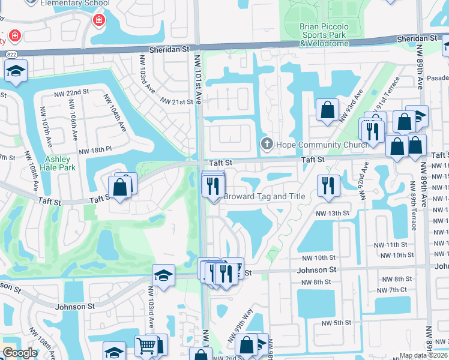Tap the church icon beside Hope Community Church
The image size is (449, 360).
point(267,144)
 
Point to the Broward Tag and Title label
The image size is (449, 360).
point(265,196)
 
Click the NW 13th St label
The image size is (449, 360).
point(332,213)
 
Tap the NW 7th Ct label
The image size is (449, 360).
point(397,290)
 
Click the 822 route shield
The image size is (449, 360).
point(11,53)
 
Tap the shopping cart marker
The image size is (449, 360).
point(146,346)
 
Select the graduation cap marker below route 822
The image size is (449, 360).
point(15,71)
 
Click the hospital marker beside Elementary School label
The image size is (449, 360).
point(98,22)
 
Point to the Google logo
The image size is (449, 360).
point(20,353)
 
